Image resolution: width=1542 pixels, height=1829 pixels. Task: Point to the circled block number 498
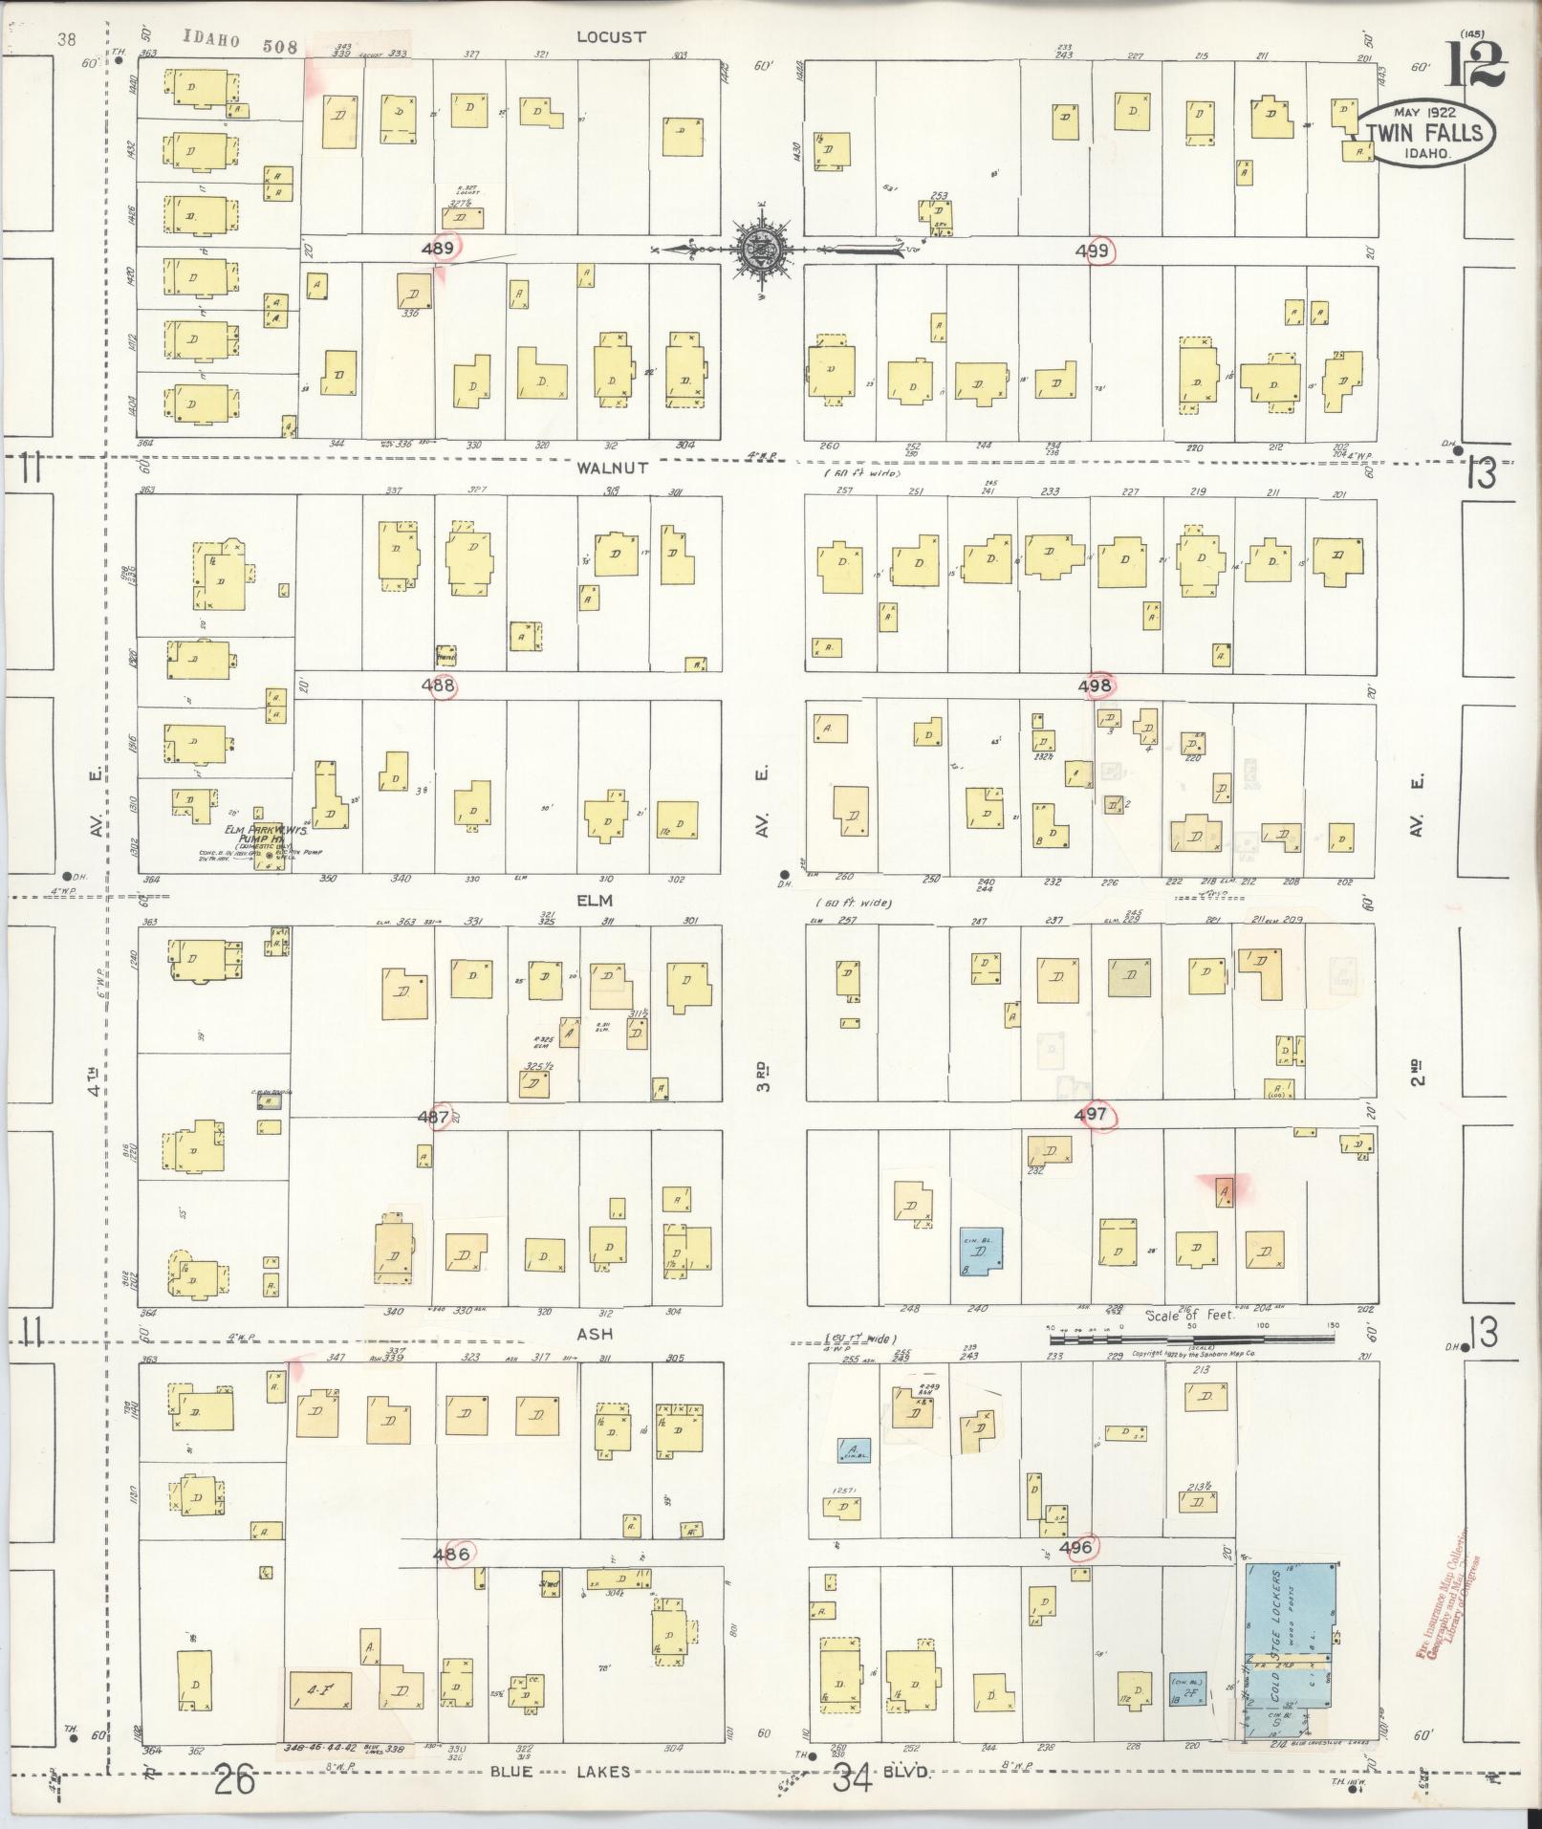click(1096, 685)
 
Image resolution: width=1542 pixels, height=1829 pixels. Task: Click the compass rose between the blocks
click(762, 250)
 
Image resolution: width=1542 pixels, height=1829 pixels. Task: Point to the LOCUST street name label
click(612, 36)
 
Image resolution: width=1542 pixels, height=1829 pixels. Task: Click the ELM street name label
click(594, 900)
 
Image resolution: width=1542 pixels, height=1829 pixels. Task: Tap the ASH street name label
click(594, 1334)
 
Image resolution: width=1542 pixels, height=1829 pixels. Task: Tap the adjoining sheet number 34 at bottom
click(853, 1779)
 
